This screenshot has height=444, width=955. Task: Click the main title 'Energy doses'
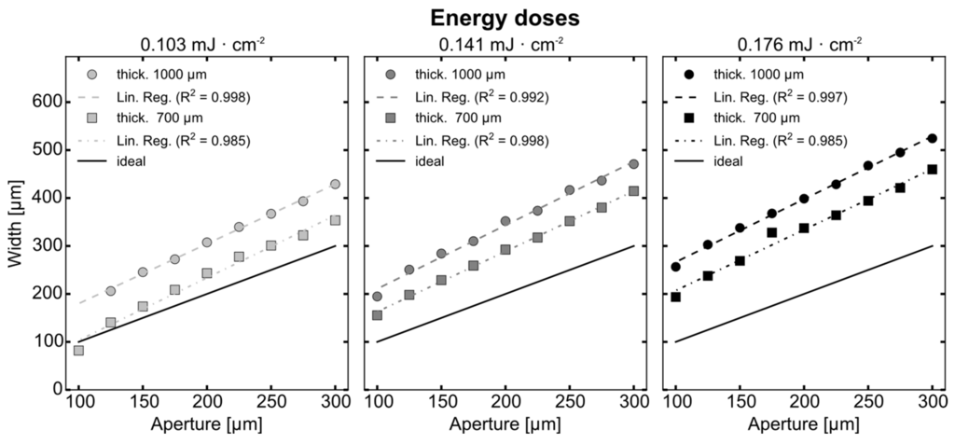point(477,17)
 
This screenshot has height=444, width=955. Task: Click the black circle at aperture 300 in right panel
point(932,138)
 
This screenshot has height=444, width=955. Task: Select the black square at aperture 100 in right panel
point(676,297)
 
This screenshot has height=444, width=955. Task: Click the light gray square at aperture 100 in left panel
point(79,351)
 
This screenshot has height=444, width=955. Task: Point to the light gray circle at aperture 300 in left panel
point(335,184)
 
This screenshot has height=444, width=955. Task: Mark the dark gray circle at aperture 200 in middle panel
point(505,221)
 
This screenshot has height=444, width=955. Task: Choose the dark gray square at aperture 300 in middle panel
point(633,191)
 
